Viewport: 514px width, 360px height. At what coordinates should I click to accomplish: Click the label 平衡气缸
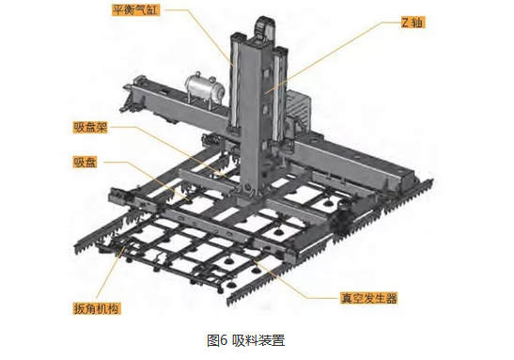coord(135,10)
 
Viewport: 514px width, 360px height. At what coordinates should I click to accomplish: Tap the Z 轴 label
coord(413,22)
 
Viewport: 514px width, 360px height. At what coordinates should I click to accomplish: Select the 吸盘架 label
coord(90,128)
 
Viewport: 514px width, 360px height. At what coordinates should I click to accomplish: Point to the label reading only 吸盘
coord(85,163)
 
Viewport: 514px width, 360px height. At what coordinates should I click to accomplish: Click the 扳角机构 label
coord(97,308)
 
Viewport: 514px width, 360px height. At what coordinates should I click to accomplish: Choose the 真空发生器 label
coord(368,298)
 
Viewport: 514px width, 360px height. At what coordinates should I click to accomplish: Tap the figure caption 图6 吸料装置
coord(246,340)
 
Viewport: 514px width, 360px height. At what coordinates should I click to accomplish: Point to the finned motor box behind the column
coord(298,106)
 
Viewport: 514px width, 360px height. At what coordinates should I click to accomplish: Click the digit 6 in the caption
coord(224,340)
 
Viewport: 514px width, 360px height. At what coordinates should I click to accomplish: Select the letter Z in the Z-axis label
coord(406,23)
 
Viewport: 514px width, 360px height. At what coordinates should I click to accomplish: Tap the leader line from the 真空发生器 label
coord(288,278)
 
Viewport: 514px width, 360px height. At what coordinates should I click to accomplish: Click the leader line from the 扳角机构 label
coord(111,274)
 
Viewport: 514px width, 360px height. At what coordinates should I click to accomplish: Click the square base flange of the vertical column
coord(248,197)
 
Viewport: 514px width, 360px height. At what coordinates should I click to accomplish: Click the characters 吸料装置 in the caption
coord(259,340)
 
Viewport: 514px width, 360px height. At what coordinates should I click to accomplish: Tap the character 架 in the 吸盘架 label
coord(102,128)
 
